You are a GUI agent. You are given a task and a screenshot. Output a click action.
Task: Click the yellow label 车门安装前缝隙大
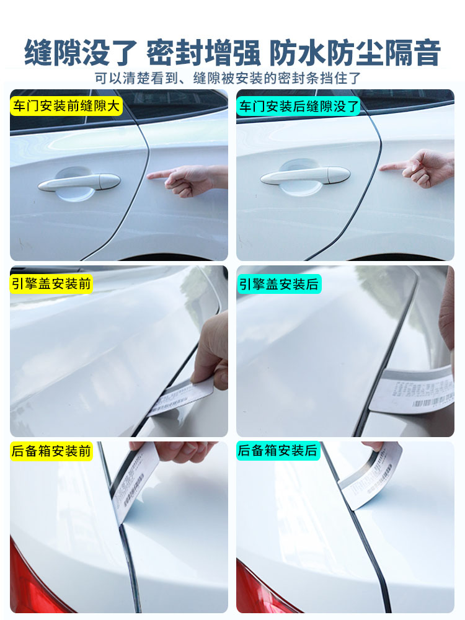[66, 106]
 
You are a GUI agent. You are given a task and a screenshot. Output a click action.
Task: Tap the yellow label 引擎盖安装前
[51, 285]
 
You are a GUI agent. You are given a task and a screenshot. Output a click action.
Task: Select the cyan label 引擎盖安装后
[279, 285]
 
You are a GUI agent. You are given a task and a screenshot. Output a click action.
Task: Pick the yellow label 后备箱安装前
[51, 451]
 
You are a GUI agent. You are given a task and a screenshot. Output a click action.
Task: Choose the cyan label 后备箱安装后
[278, 451]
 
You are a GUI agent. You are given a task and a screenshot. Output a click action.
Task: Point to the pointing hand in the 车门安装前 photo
[189, 179]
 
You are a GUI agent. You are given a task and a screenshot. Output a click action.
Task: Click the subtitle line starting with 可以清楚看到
[228, 79]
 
